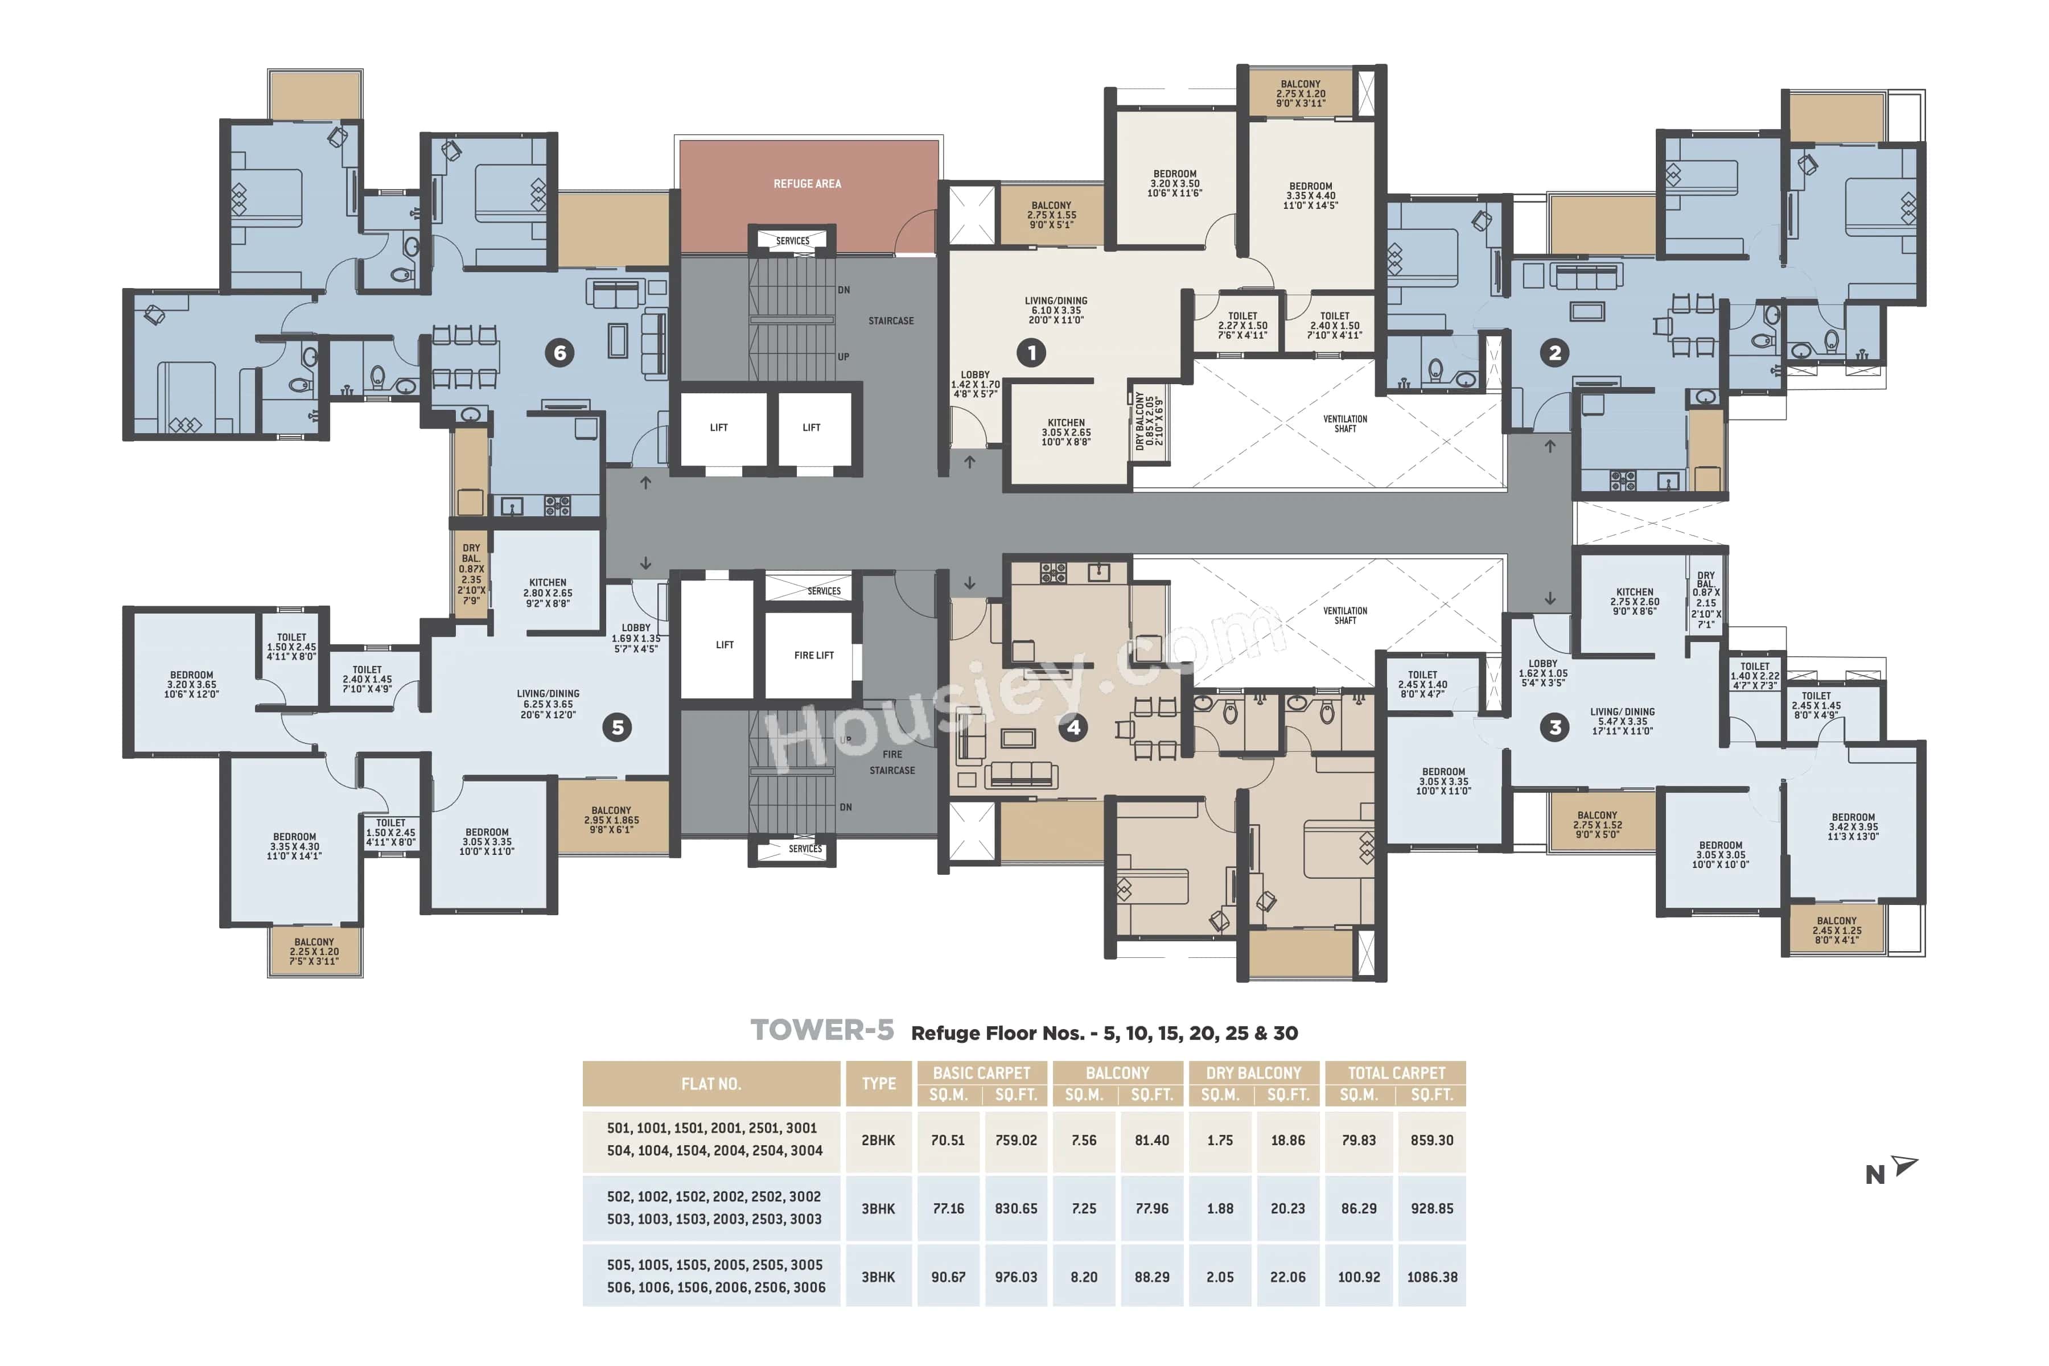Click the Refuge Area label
tap(807, 184)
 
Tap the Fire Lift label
tap(814, 655)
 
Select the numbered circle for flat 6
tap(560, 353)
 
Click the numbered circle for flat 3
tap(1555, 727)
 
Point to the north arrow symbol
tap(1904, 1166)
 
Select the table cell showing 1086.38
tap(1431, 1277)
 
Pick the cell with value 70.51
tap(948, 1141)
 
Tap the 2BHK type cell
tap(878, 1141)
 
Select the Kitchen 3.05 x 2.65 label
tap(1065, 432)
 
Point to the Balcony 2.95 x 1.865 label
tap(611, 820)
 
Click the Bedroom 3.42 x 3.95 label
tap(1853, 827)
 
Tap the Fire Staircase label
tap(892, 762)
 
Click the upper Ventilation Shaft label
tap(1344, 423)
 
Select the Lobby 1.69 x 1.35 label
tap(636, 637)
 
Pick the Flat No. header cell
tap(711, 1084)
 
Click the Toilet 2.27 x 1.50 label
tap(1242, 325)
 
